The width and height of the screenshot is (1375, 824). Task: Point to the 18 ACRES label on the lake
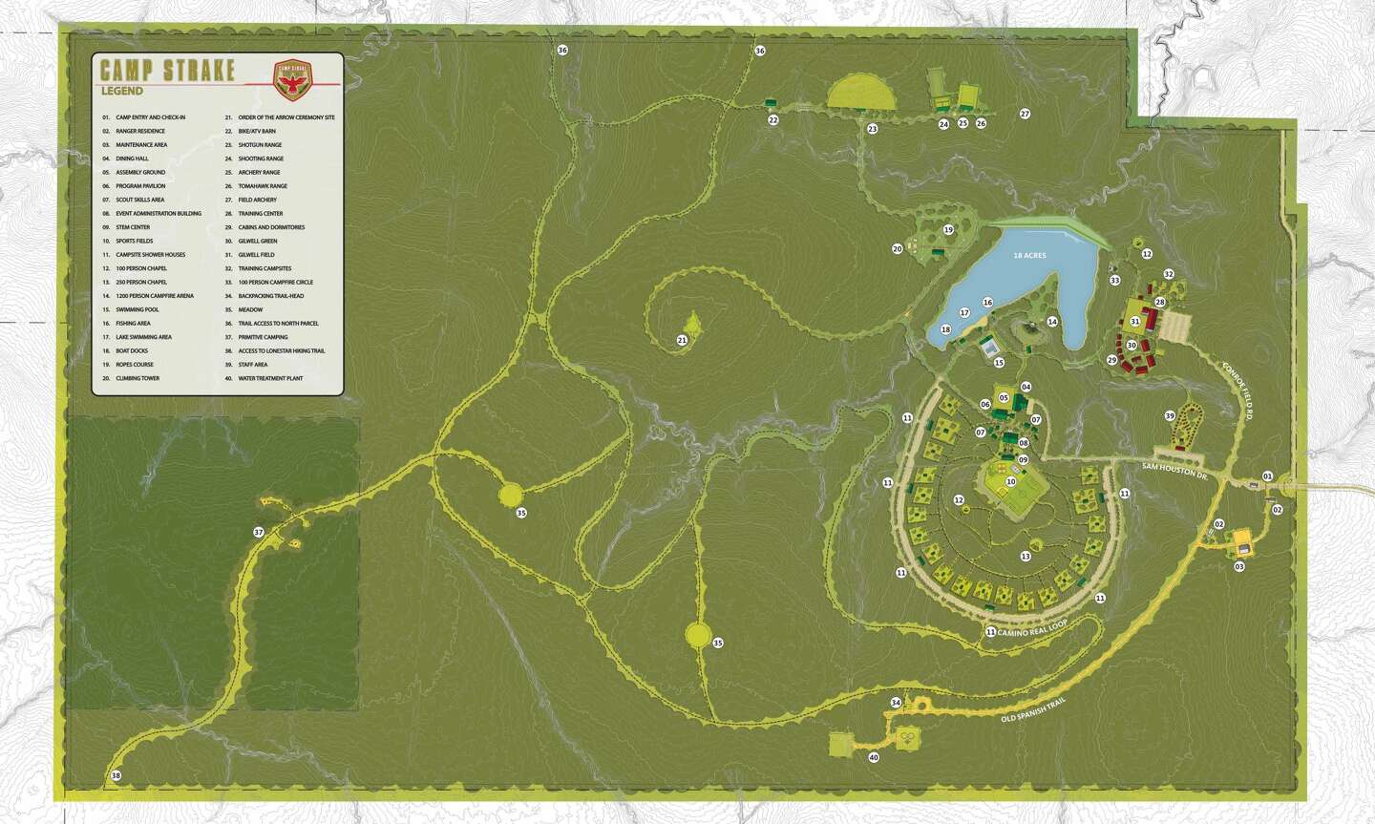1031,256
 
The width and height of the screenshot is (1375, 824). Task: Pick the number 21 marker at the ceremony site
682,340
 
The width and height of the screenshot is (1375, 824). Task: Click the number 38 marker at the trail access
116,775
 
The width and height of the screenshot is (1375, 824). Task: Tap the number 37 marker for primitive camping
258,532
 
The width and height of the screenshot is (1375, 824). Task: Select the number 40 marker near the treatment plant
874,758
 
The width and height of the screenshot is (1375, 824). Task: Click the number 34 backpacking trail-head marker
895,703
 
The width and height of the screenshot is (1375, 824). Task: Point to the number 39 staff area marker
1169,415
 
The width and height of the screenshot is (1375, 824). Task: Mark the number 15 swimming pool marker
999,363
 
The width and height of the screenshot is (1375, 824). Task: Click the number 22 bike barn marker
772,120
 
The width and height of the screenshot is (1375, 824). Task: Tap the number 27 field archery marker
1025,114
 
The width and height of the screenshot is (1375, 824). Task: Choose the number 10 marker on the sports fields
1010,481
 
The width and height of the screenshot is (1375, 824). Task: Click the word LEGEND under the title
121,92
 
